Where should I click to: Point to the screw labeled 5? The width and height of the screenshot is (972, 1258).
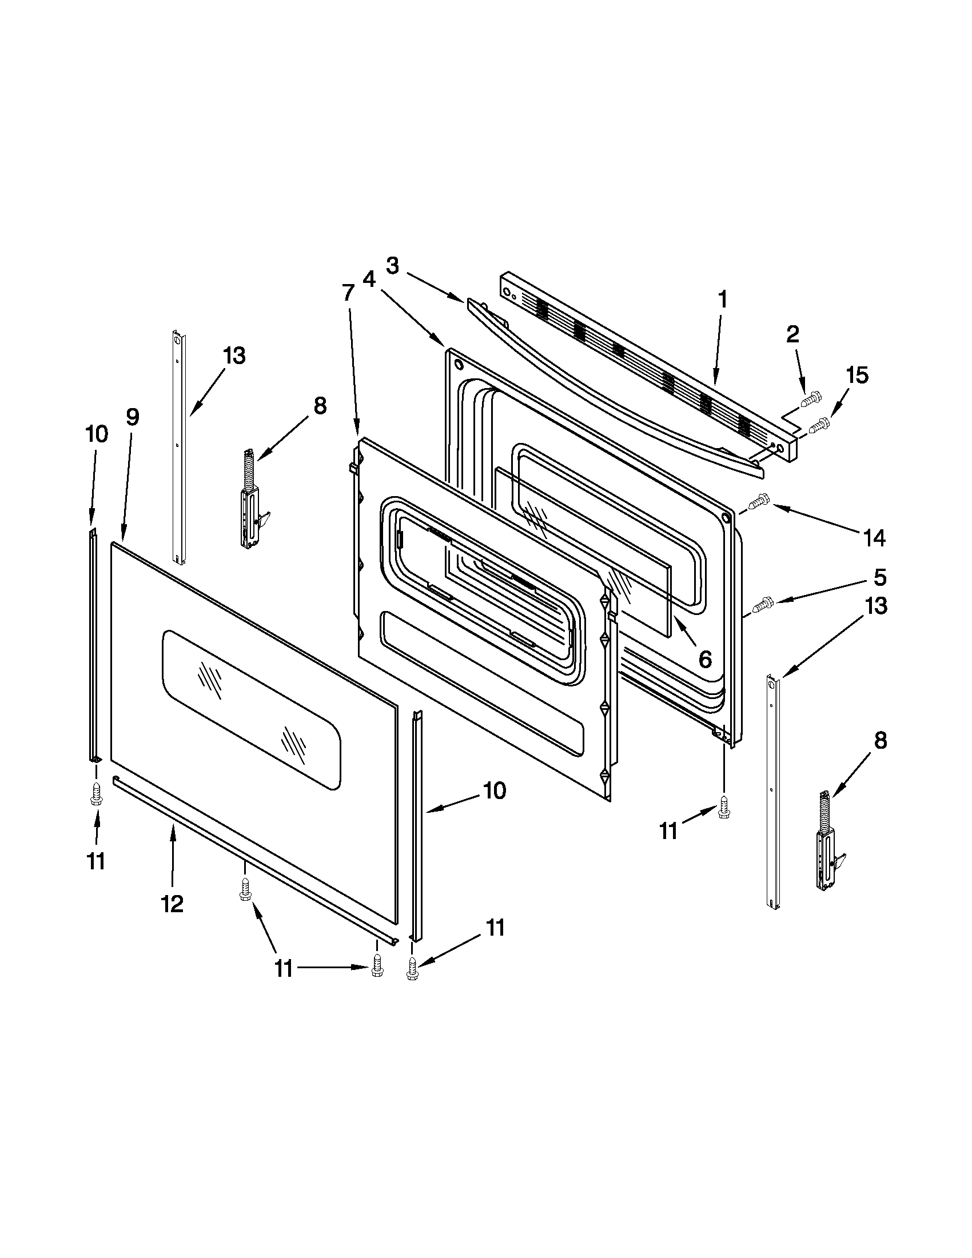[763, 604]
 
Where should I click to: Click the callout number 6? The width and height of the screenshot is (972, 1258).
[704, 659]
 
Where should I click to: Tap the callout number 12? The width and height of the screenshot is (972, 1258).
[172, 904]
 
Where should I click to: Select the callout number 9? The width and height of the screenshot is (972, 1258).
[133, 417]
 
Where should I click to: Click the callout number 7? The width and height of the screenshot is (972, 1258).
[348, 293]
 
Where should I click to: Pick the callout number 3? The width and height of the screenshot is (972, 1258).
[392, 266]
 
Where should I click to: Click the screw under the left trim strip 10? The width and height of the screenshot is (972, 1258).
[96, 797]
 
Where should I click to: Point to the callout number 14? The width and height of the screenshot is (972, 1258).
[874, 537]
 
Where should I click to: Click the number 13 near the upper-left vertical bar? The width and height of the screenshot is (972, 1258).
[234, 356]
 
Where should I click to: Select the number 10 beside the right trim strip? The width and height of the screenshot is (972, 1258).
[495, 790]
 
